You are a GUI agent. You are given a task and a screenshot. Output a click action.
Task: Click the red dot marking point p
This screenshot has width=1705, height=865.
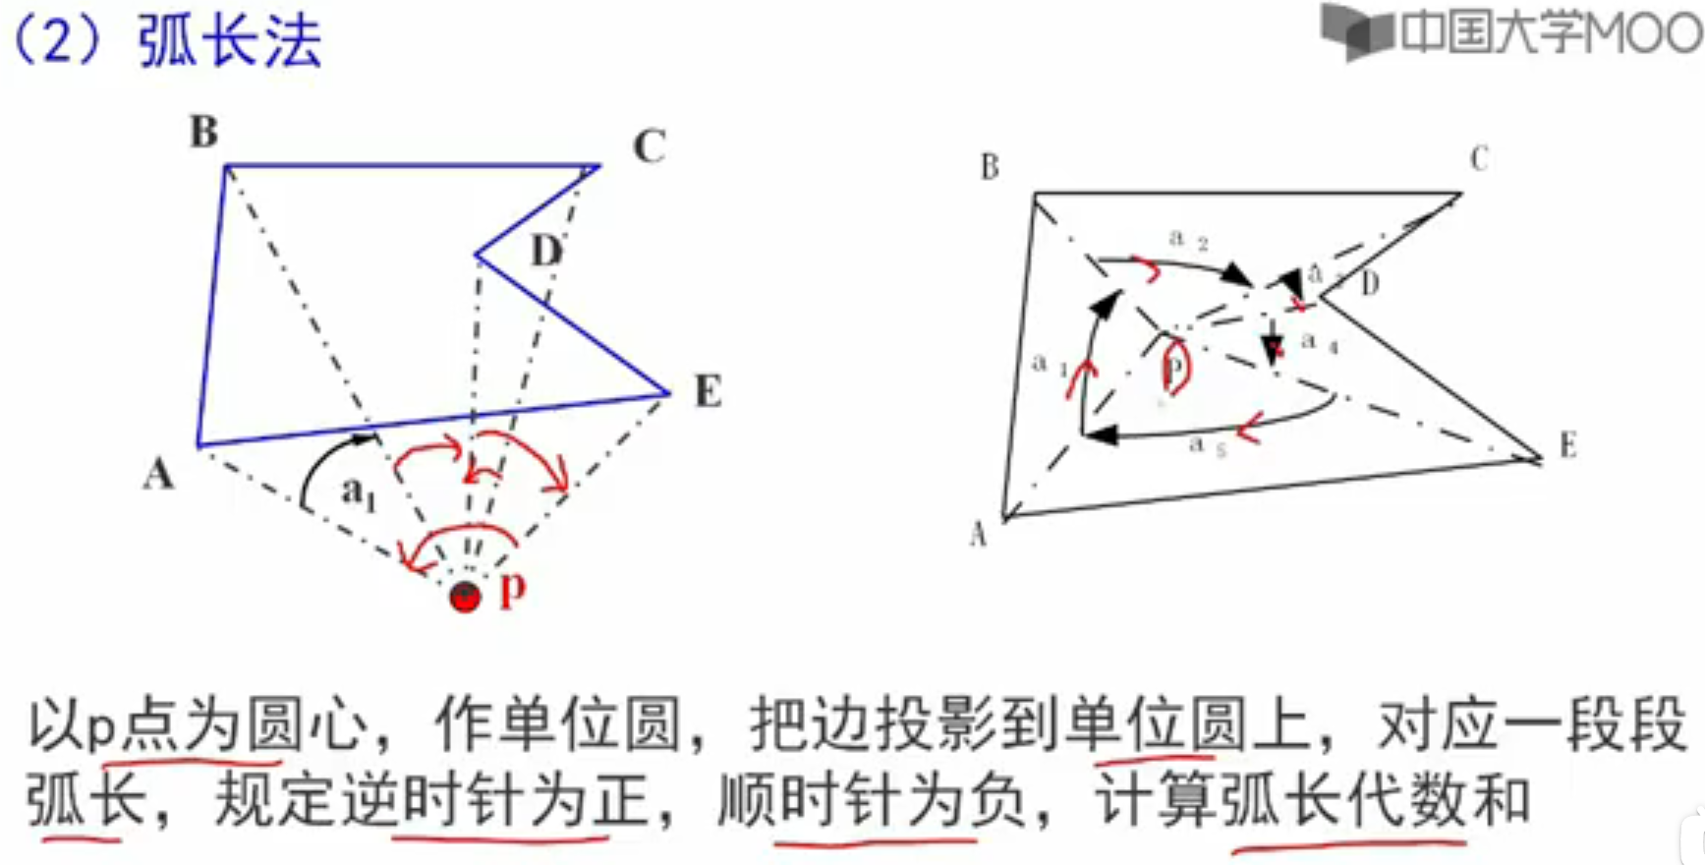(x=465, y=596)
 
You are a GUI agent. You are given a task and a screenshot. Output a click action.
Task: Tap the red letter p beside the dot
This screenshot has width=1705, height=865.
(x=513, y=589)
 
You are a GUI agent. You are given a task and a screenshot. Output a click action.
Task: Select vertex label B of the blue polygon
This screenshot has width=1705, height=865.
(x=203, y=132)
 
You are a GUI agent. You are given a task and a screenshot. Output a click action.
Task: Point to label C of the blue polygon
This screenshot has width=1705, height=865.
(x=649, y=146)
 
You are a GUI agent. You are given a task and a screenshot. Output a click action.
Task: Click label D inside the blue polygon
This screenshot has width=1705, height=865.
(x=546, y=252)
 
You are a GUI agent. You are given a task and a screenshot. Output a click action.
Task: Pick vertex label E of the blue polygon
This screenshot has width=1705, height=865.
(x=708, y=391)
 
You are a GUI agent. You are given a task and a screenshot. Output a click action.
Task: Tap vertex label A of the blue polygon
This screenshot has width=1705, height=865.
(x=158, y=475)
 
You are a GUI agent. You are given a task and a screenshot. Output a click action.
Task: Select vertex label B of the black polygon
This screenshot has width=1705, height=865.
(x=990, y=167)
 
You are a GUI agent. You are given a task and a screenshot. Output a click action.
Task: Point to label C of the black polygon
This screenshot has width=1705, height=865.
(x=1479, y=158)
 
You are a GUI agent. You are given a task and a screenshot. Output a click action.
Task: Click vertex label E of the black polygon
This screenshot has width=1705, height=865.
(x=1567, y=446)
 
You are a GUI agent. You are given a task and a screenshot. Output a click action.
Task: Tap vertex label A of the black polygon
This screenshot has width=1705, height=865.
(x=978, y=534)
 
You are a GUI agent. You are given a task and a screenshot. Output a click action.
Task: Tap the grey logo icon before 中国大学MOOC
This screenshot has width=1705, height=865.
(x=1356, y=31)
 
